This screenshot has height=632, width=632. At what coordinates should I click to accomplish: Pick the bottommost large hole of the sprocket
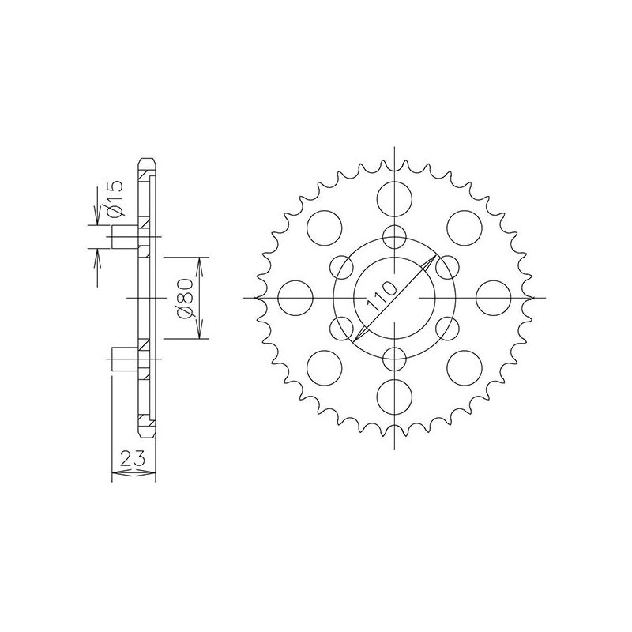point(394,397)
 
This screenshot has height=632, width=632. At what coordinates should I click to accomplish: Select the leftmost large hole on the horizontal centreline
point(294,297)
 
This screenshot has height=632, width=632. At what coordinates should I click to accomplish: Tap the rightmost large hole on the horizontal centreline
point(495,297)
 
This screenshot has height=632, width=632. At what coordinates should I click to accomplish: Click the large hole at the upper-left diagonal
point(323,226)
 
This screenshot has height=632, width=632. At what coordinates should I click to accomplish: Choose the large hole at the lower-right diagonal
point(465,368)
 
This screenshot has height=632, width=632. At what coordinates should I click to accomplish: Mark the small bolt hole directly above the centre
point(394,236)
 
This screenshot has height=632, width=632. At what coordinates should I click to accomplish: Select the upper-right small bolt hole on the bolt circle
point(447,267)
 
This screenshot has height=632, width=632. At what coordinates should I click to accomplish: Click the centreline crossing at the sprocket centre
point(394,297)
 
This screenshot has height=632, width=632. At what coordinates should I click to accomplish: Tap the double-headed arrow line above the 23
point(134,474)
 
